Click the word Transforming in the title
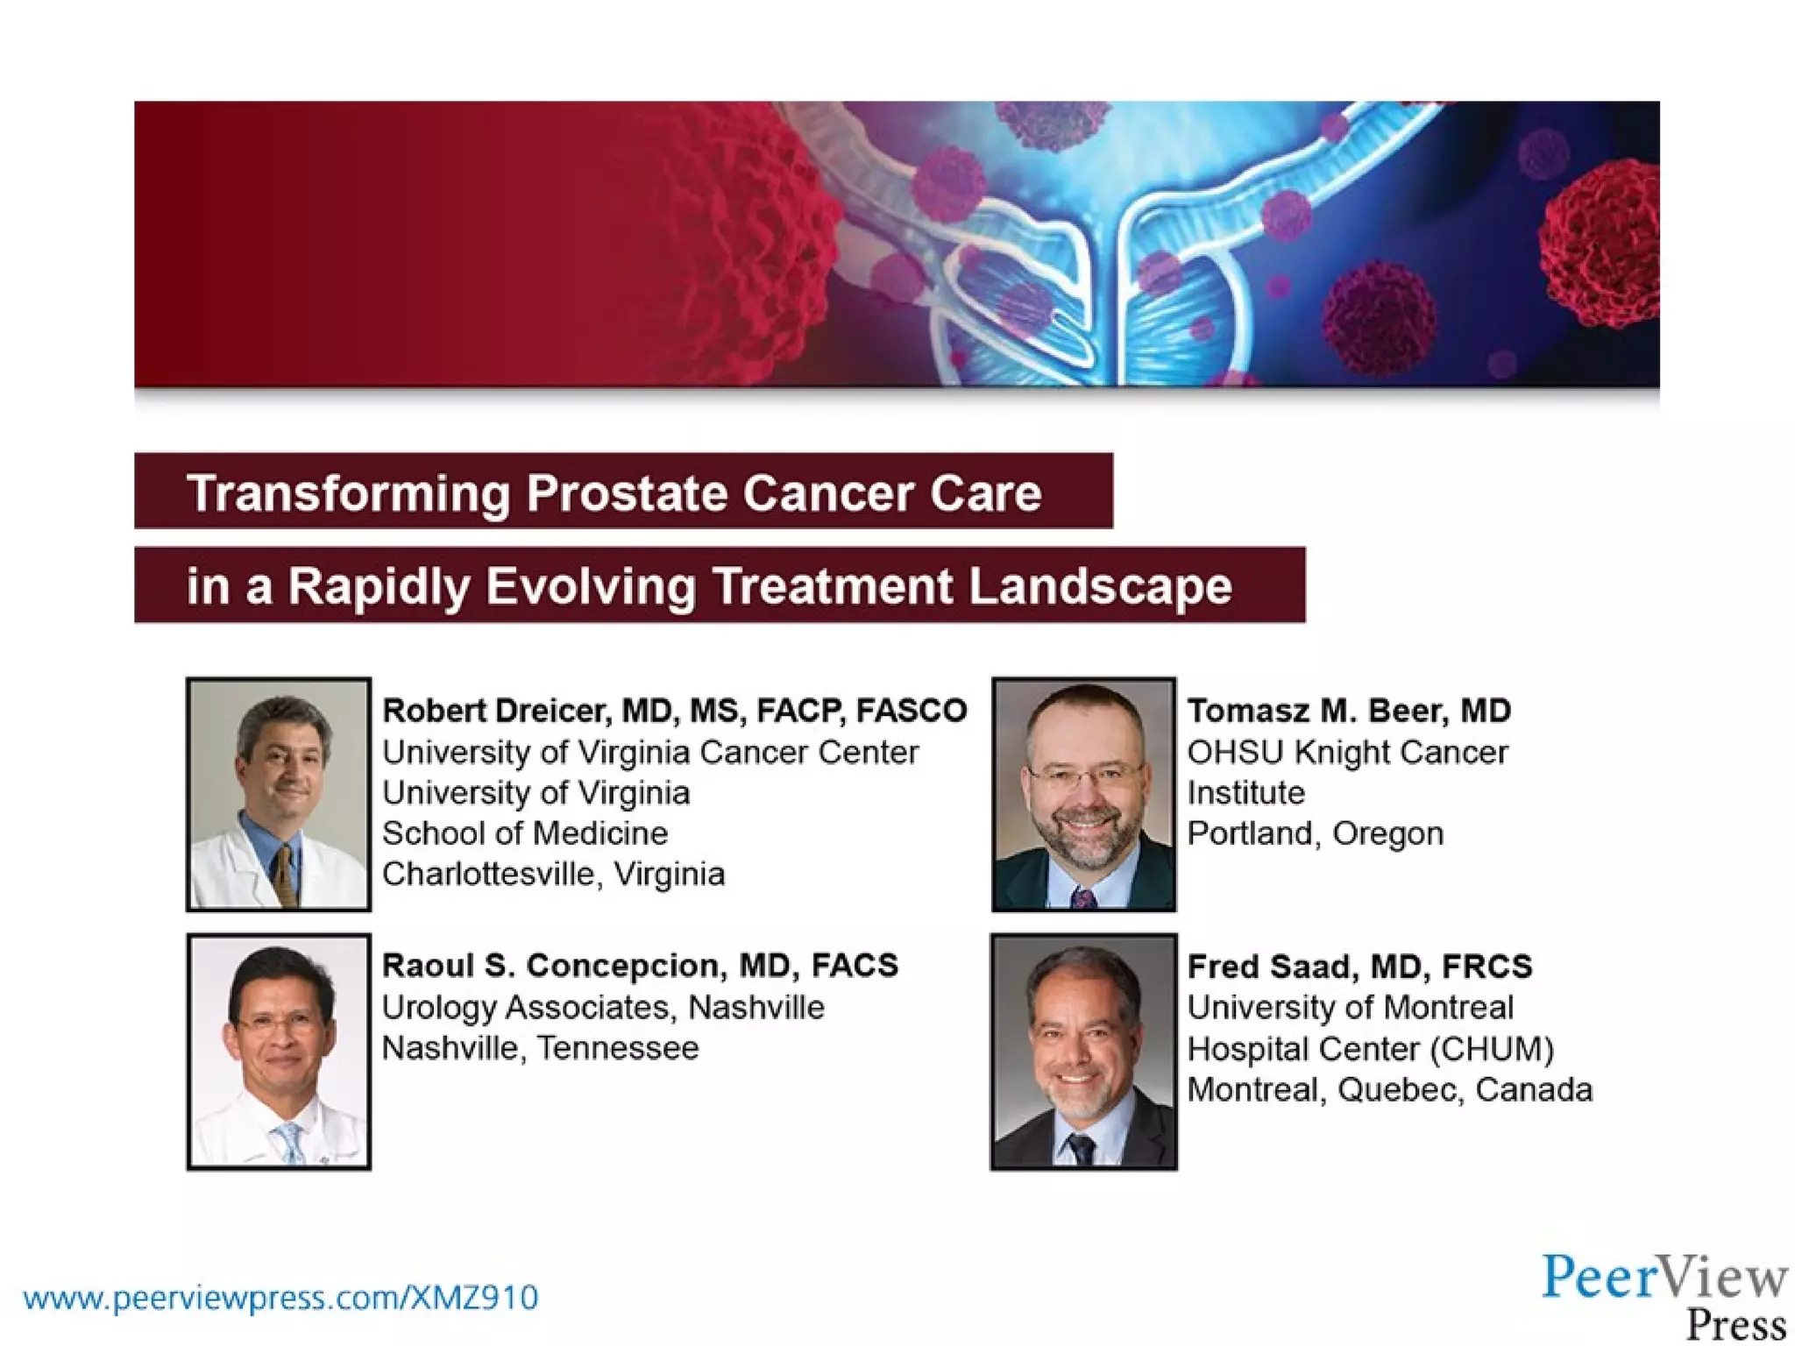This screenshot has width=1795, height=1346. (348, 493)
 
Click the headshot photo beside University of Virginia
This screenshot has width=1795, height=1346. (279, 794)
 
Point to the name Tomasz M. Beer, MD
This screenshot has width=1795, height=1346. (1348, 711)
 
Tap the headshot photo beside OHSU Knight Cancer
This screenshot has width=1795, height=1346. (1083, 794)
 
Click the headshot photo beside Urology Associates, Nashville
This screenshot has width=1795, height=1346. (279, 1052)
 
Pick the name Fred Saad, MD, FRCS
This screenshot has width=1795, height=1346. (1359, 967)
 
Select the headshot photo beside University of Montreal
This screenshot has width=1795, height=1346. (1083, 1052)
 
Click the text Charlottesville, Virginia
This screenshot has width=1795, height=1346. (553, 875)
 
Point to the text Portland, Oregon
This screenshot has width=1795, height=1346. (1315, 833)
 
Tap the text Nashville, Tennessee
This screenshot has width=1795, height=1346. (540, 1048)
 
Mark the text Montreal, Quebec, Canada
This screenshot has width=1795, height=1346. (1389, 1090)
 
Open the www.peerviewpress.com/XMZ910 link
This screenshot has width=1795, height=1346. (280, 1298)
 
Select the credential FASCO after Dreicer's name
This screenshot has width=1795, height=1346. (912, 711)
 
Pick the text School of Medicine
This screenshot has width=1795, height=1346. (524, 833)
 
